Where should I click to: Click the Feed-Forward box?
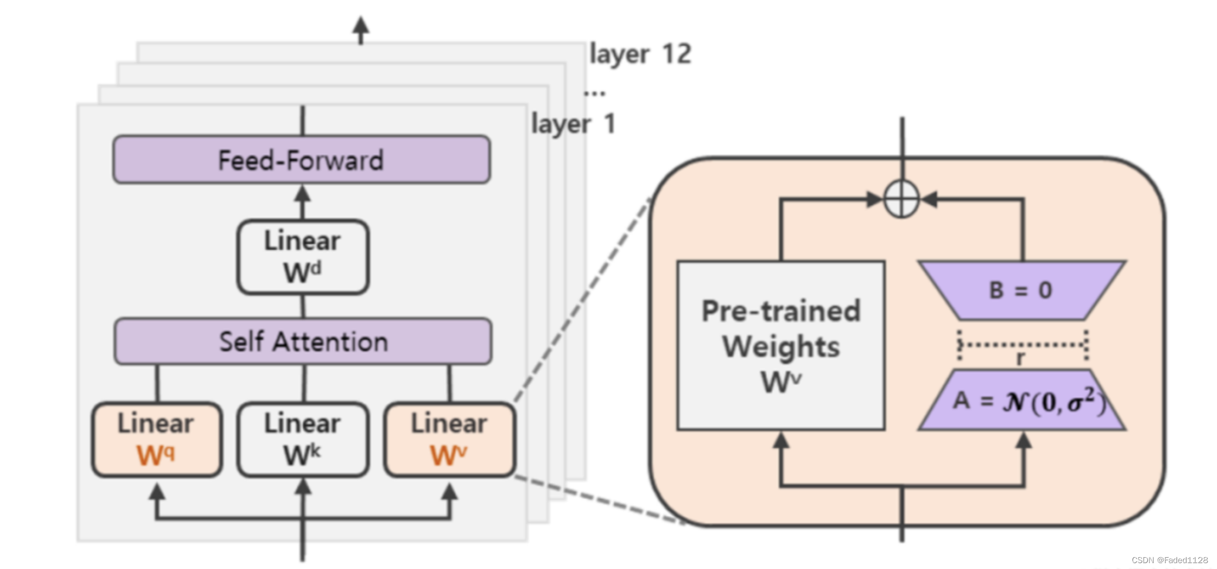point(302,160)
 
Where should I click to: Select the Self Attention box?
point(303,341)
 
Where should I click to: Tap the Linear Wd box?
point(303,257)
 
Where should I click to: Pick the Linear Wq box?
point(157,439)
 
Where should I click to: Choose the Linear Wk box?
point(303,439)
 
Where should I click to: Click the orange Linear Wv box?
point(449,439)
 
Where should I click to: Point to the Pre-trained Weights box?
point(780,346)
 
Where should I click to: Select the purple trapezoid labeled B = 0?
point(1022,290)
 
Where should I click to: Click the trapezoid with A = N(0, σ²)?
point(1022,401)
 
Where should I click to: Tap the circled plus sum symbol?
point(901,199)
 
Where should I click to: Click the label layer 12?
point(640,54)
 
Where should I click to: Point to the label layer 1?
point(573,124)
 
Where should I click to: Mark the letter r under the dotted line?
point(1020,357)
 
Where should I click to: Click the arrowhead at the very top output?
point(361,25)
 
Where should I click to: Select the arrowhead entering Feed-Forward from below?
point(302,194)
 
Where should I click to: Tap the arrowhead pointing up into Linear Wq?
point(157,492)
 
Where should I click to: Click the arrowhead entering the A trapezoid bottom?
point(1023,441)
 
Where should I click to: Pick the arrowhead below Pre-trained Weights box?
point(780,441)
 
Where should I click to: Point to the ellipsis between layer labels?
point(594,93)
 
